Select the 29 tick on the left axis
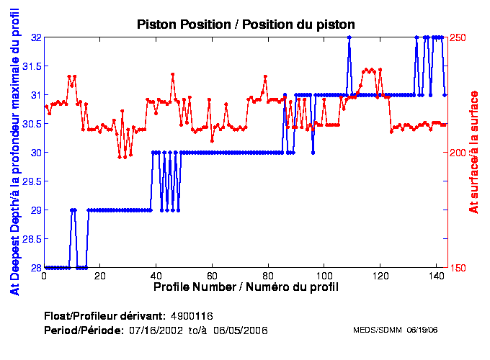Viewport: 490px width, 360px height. pos(33,210)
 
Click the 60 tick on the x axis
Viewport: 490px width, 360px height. pos(212,276)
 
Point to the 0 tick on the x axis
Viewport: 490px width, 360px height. pos(45,276)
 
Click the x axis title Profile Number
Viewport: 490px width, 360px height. pos(246,287)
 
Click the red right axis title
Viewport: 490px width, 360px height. pos(473,153)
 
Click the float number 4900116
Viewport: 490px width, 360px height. pos(191,316)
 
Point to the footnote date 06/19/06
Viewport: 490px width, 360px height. pos(424,330)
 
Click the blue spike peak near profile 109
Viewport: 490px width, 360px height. pos(349,37)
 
